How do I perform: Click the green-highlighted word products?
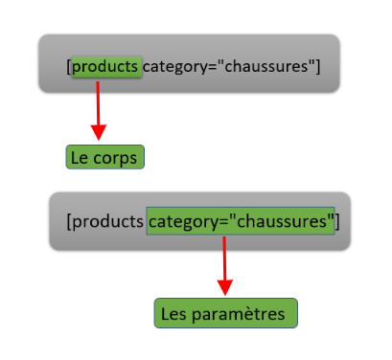[106, 67]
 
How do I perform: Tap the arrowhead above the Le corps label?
[98, 130]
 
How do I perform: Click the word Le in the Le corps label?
[81, 157]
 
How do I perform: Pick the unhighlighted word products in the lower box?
[107, 222]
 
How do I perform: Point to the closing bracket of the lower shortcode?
[336, 222]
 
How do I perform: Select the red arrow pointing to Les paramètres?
[225, 259]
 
